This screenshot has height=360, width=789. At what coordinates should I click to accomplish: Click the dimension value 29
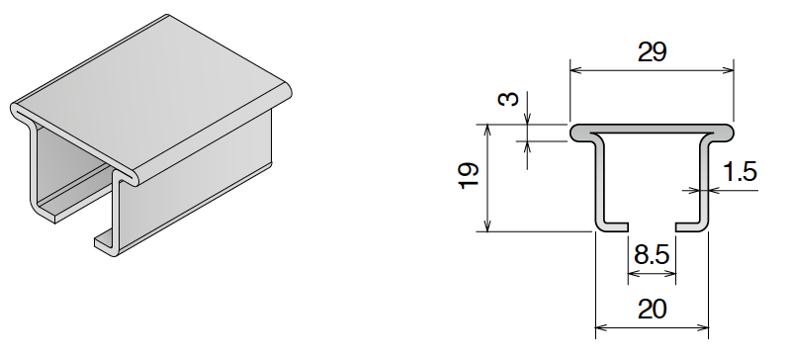[652, 52]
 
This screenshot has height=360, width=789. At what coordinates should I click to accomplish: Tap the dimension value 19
[470, 176]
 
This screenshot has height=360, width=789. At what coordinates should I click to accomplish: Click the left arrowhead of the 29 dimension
[575, 70]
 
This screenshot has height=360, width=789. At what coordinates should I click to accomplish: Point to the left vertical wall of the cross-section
[598, 183]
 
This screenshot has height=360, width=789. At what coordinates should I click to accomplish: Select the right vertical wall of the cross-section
[706, 183]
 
